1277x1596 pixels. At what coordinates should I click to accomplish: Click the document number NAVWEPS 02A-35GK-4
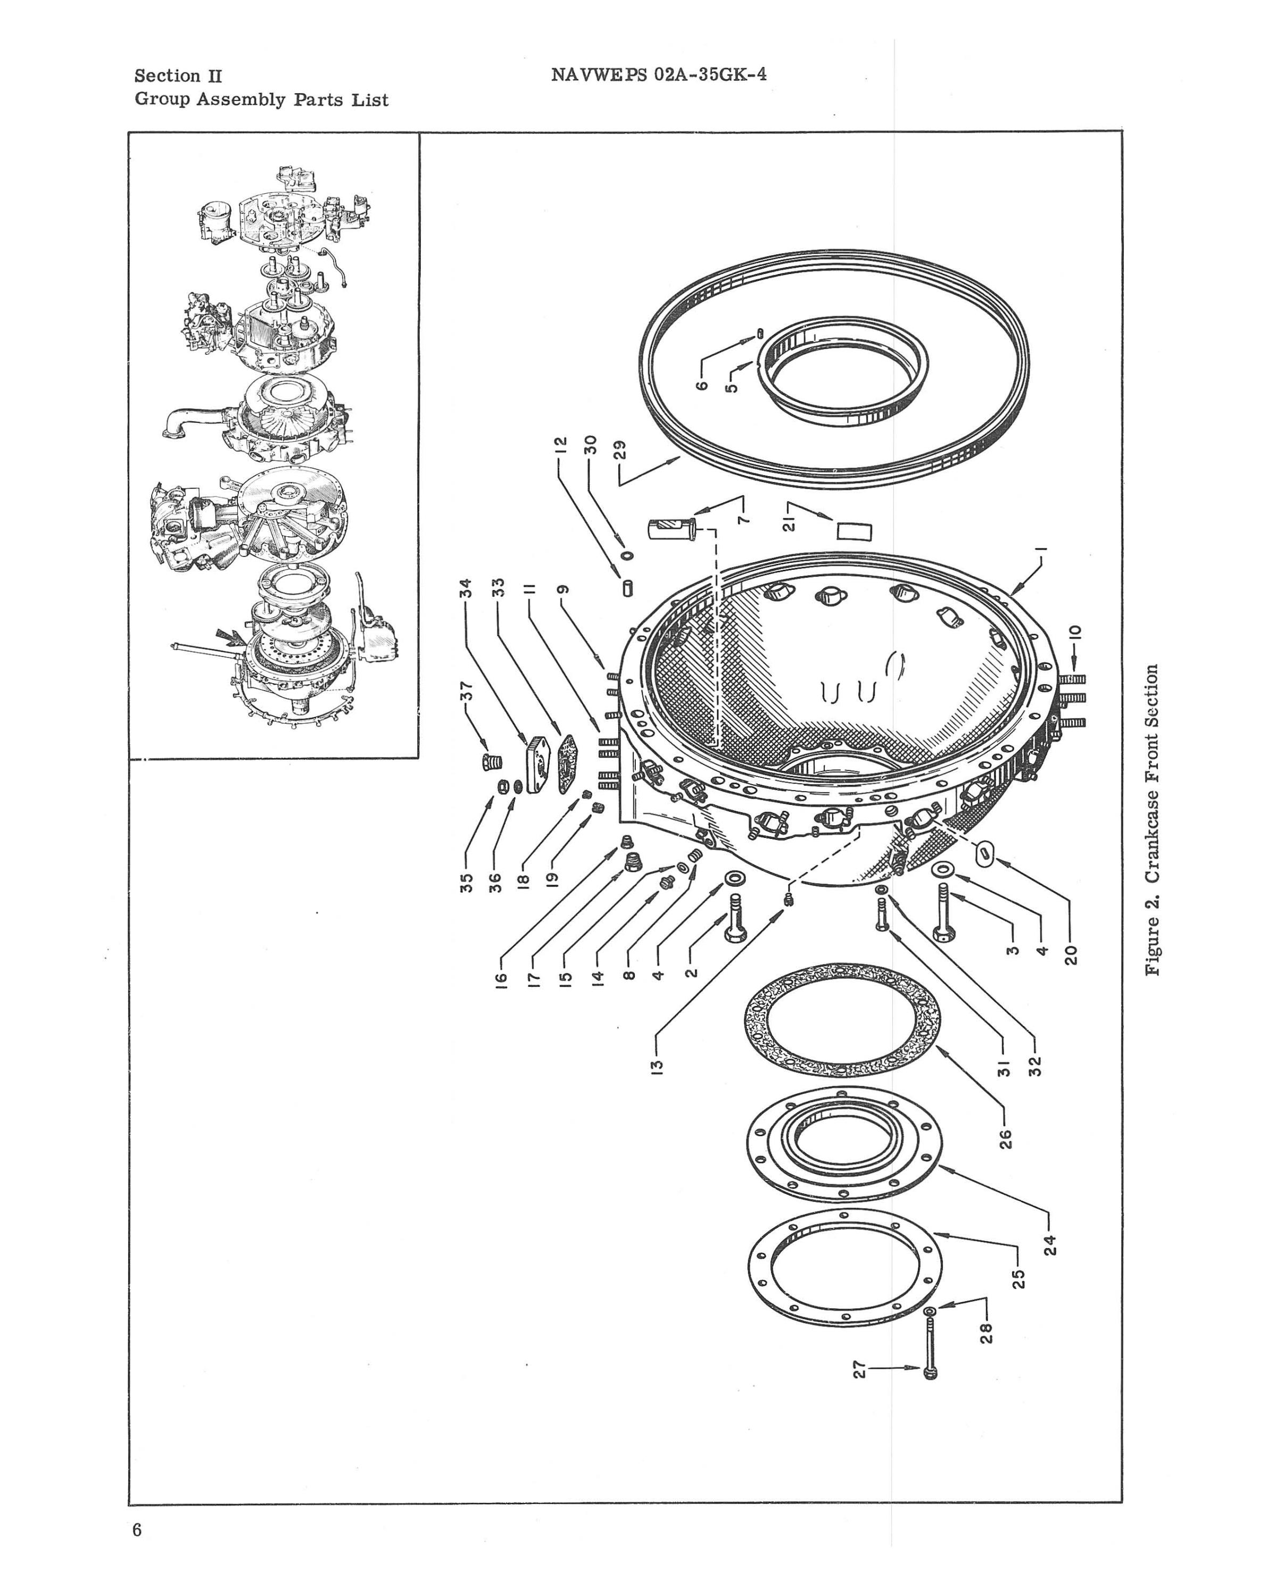(658, 75)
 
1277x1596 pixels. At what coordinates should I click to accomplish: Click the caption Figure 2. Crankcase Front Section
(1151, 819)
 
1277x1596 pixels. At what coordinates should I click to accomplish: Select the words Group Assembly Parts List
(261, 100)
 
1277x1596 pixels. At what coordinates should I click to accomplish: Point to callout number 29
(620, 450)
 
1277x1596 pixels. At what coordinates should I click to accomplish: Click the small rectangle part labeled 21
(855, 531)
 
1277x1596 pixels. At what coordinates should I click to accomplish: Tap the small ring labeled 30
(627, 555)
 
